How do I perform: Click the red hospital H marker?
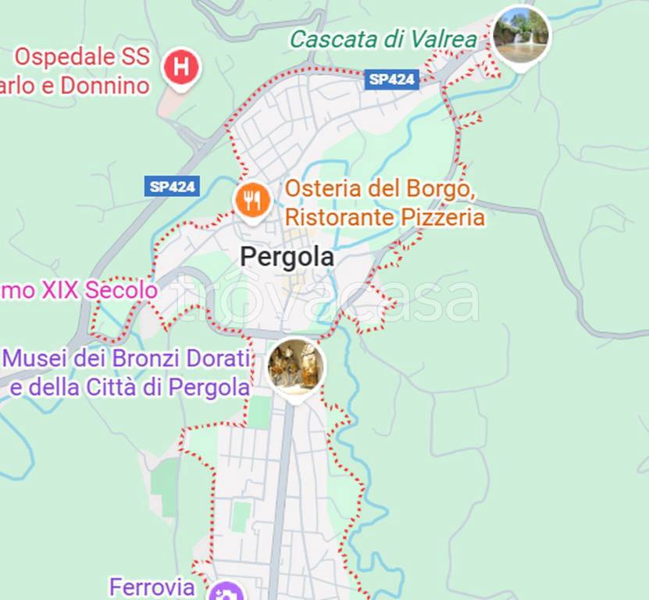[181, 68]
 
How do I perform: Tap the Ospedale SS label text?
[82, 57]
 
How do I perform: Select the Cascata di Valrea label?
[384, 39]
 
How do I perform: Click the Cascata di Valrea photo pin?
[521, 35]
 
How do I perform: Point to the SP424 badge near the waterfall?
[393, 79]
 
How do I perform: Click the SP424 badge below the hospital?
[172, 186]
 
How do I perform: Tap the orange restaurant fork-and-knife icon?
[252, 202]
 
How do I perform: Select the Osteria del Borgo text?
[380, 189]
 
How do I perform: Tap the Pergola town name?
[287, 257]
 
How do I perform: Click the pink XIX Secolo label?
[79, 291]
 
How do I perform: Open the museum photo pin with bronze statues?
[296, 366]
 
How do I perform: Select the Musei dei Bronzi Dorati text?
[127, 359]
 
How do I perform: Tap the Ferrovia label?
[151, 587]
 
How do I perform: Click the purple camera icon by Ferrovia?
[226, 592]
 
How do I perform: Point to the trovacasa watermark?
[324, 299]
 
